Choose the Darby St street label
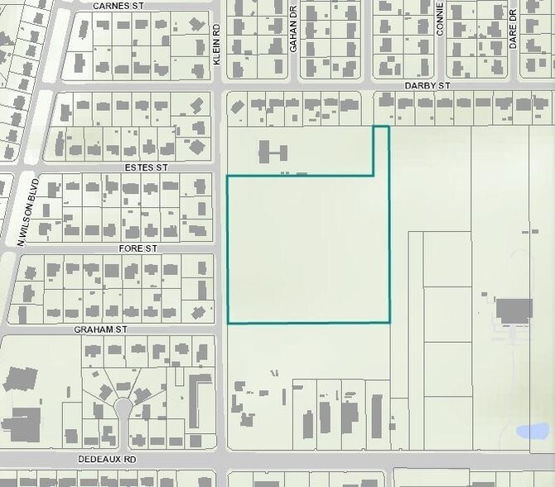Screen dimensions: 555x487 [427, 85]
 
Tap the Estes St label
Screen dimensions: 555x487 [146, 166]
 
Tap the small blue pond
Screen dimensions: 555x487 [531, 432]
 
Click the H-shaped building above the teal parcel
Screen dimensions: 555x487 [273, 152]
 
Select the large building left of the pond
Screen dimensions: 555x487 [514, 311]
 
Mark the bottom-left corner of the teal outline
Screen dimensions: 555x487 [229, 322]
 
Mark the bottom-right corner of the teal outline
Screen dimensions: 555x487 [389, 321]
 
